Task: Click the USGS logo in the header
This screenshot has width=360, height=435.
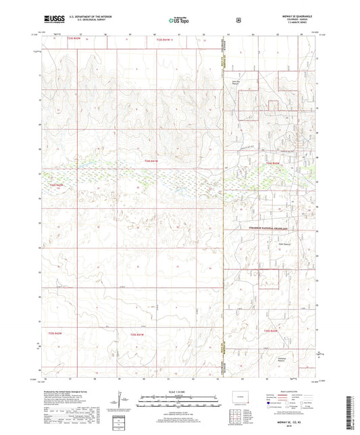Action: coord(52,20)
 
